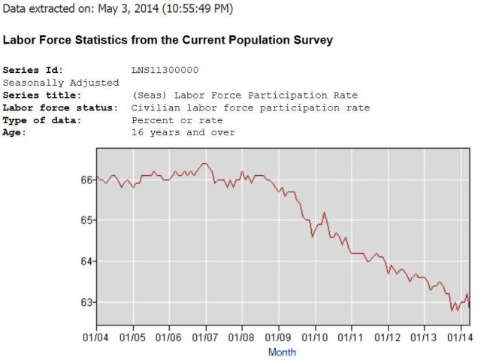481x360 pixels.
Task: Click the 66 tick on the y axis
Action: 87,180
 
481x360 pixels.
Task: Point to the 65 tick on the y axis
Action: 87,220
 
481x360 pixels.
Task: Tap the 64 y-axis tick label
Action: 87,261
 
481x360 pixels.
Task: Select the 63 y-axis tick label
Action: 87,302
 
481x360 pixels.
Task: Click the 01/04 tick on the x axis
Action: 96,336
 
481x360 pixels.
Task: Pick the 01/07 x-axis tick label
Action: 205,336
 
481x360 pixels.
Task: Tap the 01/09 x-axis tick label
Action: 279,336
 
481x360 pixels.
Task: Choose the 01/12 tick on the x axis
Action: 388,336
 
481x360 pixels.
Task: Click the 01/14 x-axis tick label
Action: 461,336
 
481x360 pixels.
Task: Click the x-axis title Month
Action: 282,352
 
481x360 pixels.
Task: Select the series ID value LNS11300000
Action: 165,70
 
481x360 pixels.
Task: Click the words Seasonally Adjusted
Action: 61,82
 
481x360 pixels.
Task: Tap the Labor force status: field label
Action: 60,107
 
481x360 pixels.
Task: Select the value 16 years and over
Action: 183,133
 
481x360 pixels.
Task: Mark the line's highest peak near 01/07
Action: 204,163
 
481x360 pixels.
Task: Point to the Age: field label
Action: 15,133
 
